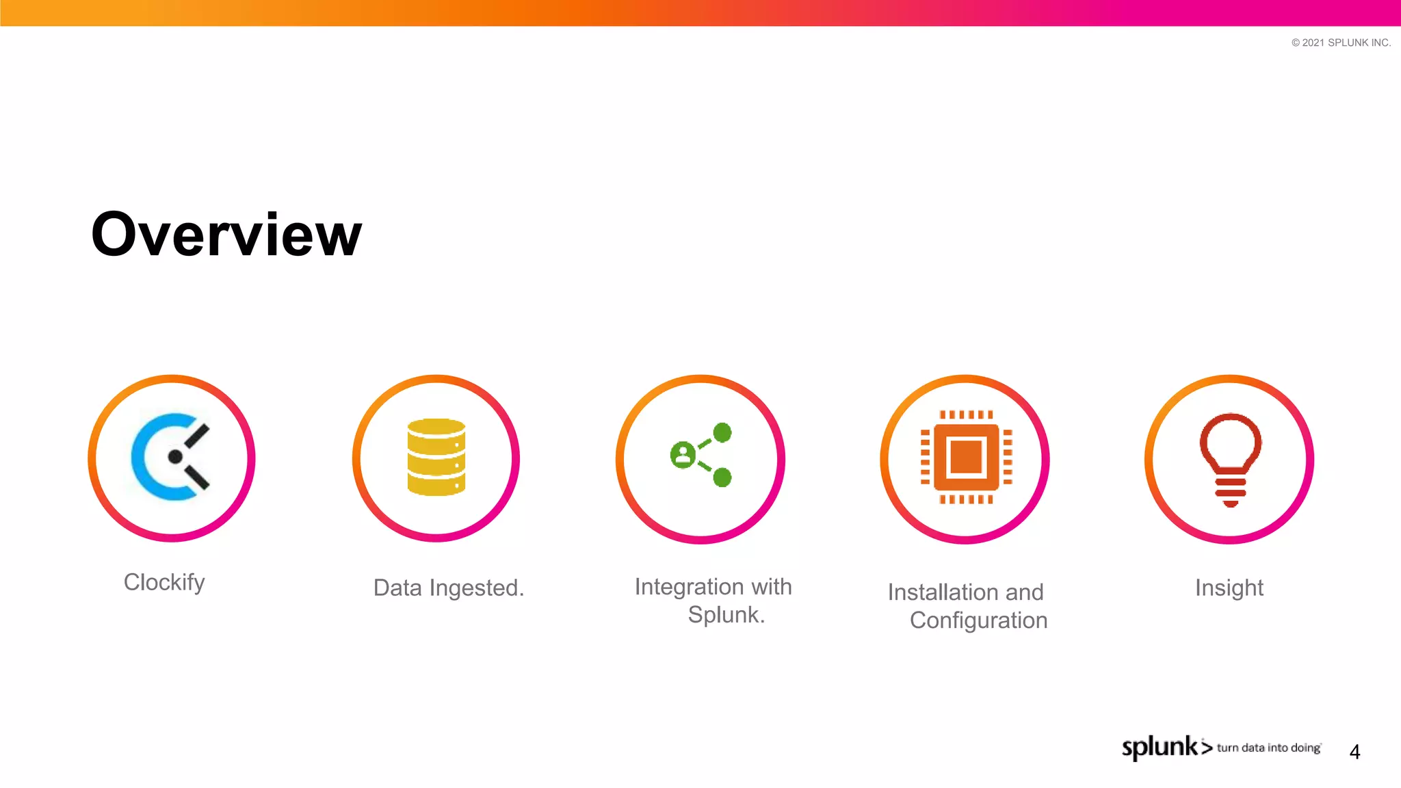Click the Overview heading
[x=226, y=235]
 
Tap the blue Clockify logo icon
[x=170, y=457]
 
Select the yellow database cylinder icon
[x=436, y=457]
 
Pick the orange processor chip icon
[x=966, y=457]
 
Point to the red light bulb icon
[x=1230, y=458]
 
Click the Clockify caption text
[x=164, y=582]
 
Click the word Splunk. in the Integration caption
[x=726, y=615]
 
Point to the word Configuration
[x=978, y=620]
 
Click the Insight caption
[x=1229, y=588]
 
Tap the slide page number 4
[x=1354, y=752]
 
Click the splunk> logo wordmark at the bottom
[x=1166, y=747]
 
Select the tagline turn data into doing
[x=1268, y=748]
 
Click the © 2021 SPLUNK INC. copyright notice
[x=1341, y=42]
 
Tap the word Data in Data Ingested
[x=397, y=588]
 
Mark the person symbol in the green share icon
[x=683, y=454]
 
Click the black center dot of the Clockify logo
[x=175, y=457]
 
